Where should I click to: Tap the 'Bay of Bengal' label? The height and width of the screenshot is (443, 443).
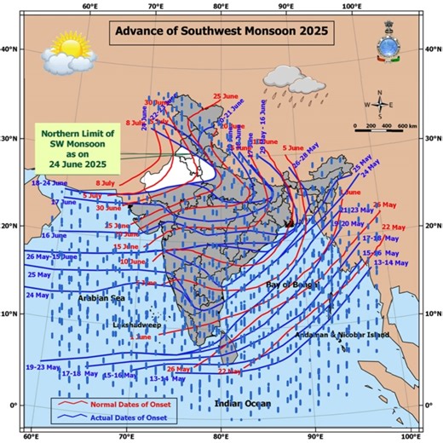tap(291, 284)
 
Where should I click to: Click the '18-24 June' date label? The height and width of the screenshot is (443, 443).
tap(49, 183)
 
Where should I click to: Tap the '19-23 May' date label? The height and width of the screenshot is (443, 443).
tap(44, 367)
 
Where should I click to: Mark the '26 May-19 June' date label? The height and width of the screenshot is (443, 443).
tap(51, 256)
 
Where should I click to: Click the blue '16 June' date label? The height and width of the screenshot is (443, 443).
tap(53, 235)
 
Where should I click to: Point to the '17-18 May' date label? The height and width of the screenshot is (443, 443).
tap(80, 373)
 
